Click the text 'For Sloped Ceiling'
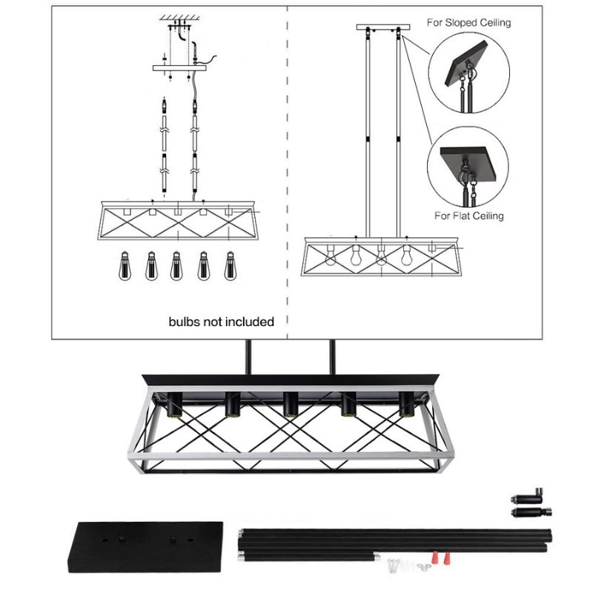tap(468, 22)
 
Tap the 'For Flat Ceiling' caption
tap(468, 216)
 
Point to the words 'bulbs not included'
tap(222, 322)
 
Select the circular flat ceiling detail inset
tap(468, 166)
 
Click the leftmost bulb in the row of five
tap(124, 265)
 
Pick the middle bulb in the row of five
tap(176, 265)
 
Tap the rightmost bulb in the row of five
tap(229, 265)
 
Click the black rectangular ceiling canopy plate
tap(145, 547)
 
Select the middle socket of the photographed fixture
tap(290, 404)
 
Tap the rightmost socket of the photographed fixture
tap(406, 404)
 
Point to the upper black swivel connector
tap(528, 495)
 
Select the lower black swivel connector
tap(531, 511)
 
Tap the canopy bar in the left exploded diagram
tap(179, 67)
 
